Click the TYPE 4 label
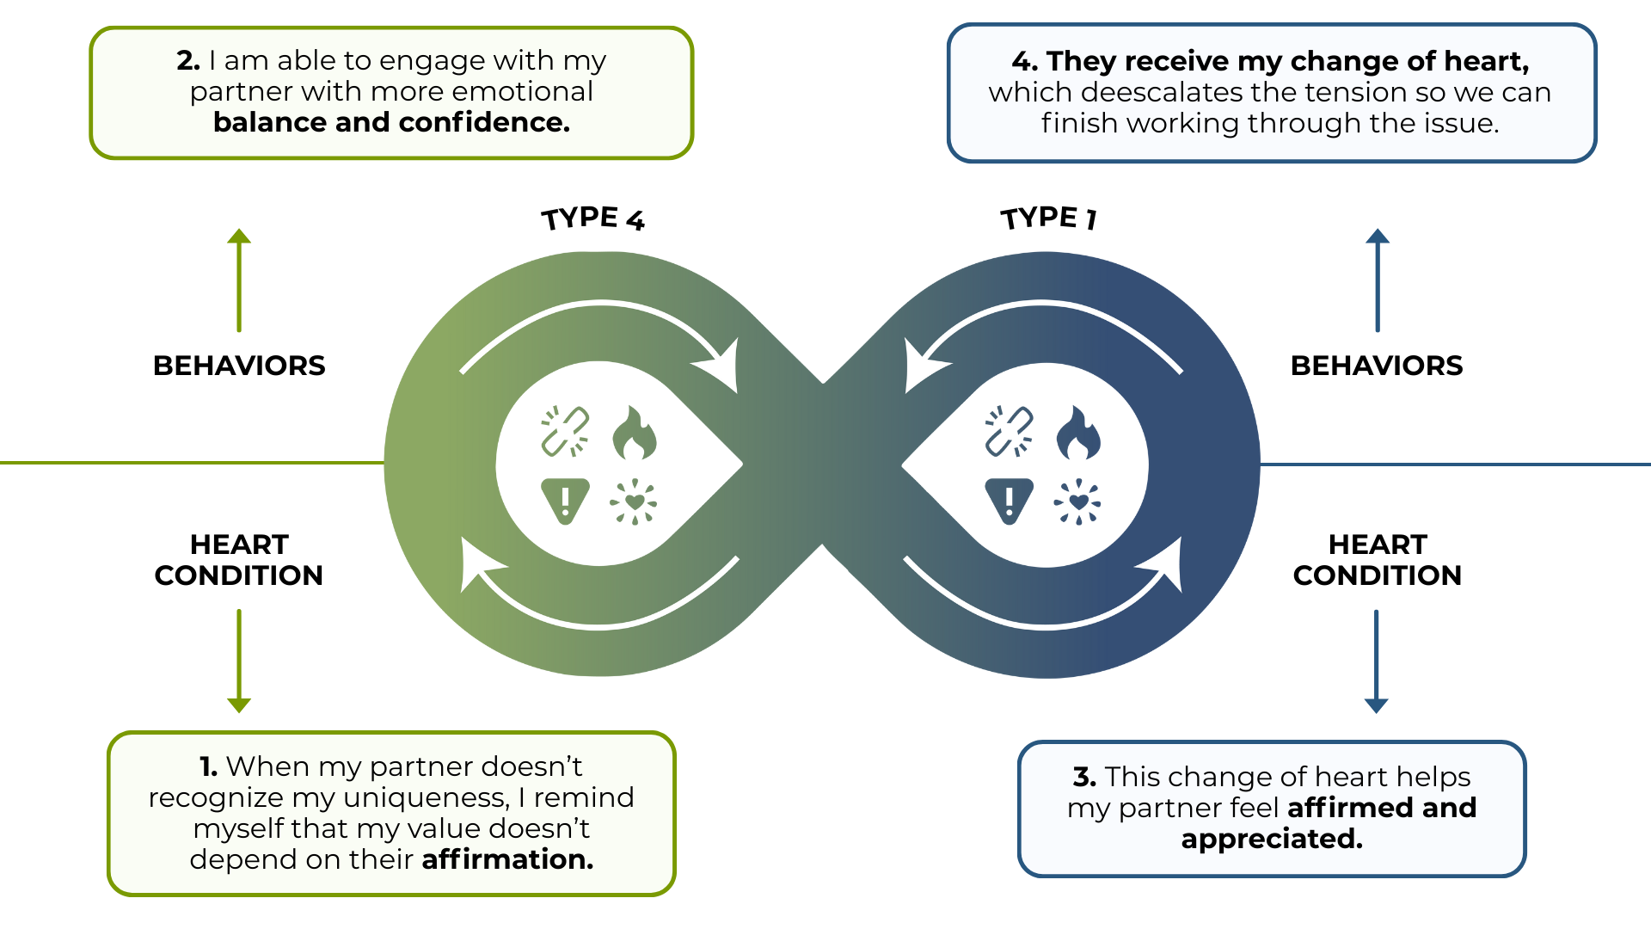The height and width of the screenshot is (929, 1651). (592, 218)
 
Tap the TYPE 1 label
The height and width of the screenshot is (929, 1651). (1048, 218)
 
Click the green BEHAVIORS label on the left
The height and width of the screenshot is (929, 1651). (239, 366)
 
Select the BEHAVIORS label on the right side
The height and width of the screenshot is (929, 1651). (1377, 366)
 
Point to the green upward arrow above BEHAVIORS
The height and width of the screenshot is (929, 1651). (239, 280)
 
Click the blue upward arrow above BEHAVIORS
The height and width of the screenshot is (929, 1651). (1378, 280)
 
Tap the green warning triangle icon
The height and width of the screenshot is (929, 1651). (565, 500)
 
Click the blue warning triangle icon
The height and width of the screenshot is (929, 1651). (1009, 500)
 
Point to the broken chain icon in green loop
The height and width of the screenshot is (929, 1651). (565, 431)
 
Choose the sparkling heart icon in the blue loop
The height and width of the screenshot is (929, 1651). (1077, 501)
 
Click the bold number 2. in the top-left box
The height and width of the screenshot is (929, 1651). (188, 61)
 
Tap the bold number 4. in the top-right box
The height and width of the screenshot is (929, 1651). (1025, 61)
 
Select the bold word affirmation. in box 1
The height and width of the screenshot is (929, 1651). (507, 859)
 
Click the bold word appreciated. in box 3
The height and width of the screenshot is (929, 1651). (1272, 839)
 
